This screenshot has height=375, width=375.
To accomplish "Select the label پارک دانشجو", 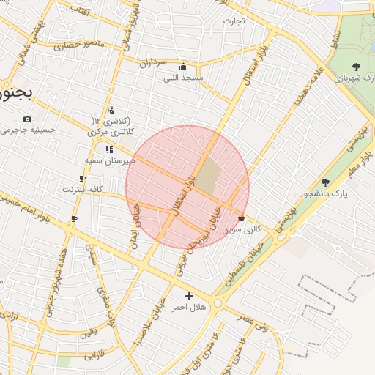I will (x=326, y=193).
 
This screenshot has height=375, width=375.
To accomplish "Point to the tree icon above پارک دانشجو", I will (x=326, y=182).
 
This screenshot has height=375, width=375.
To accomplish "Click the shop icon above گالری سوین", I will (x=242, y=218).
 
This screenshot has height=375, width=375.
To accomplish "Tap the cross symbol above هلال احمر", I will (x=189, y=297).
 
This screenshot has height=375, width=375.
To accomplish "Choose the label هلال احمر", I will (x=188, y=308).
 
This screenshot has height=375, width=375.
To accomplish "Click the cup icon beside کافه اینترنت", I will (x=82, y=178).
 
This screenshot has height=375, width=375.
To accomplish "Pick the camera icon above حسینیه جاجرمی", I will (x=27, y=119).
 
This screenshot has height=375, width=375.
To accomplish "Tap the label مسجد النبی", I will (x=182, y=77).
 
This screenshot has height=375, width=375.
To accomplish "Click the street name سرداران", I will (x=155, y=63).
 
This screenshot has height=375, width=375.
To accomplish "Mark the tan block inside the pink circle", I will (x=209, y=177).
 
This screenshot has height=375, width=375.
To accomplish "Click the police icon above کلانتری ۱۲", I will (x=110, y=110).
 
